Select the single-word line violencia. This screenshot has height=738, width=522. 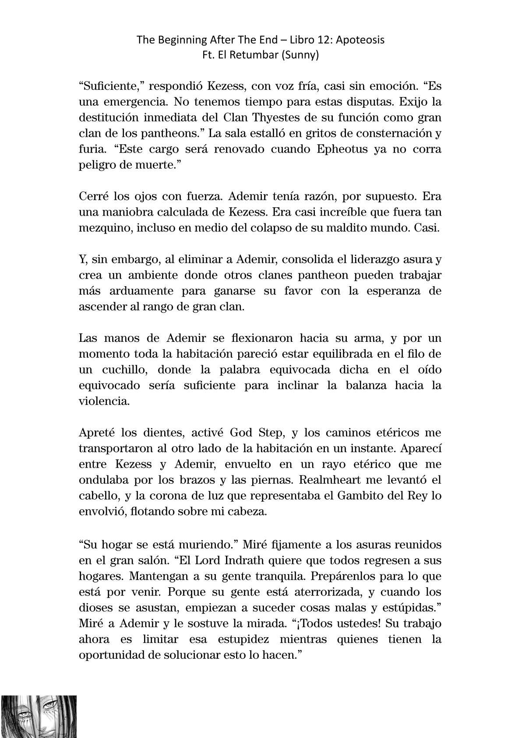[x=104, y=401]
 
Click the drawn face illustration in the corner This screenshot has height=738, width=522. [x=38, y=716]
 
